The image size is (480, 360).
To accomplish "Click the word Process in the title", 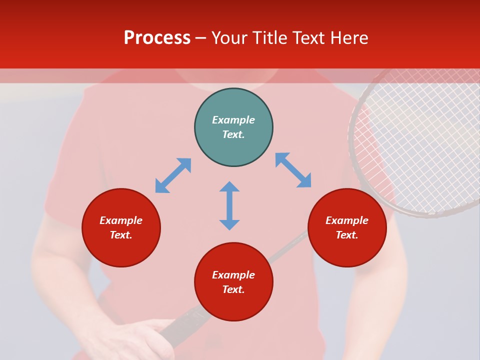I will [157, 38].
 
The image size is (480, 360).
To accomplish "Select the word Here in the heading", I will [348, 38].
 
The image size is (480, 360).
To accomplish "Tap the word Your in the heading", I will [230, 38].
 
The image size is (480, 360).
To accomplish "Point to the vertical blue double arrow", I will [229, 205].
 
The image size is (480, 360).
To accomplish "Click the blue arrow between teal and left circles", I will [173, 175].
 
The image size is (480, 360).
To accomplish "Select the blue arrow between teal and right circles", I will [293, 170].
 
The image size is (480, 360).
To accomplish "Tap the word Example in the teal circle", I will [233, 120].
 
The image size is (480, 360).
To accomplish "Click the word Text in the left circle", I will [121, 235].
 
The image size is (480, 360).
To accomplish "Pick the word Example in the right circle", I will [347, 220].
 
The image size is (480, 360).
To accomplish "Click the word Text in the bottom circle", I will [233, 289].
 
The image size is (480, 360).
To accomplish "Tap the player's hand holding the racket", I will [135, 340].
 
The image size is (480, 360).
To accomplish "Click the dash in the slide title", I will [201, 38].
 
